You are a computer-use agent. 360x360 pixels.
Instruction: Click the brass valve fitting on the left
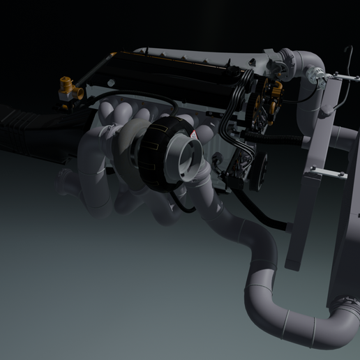68,89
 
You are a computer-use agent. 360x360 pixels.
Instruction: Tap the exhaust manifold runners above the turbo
133,115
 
